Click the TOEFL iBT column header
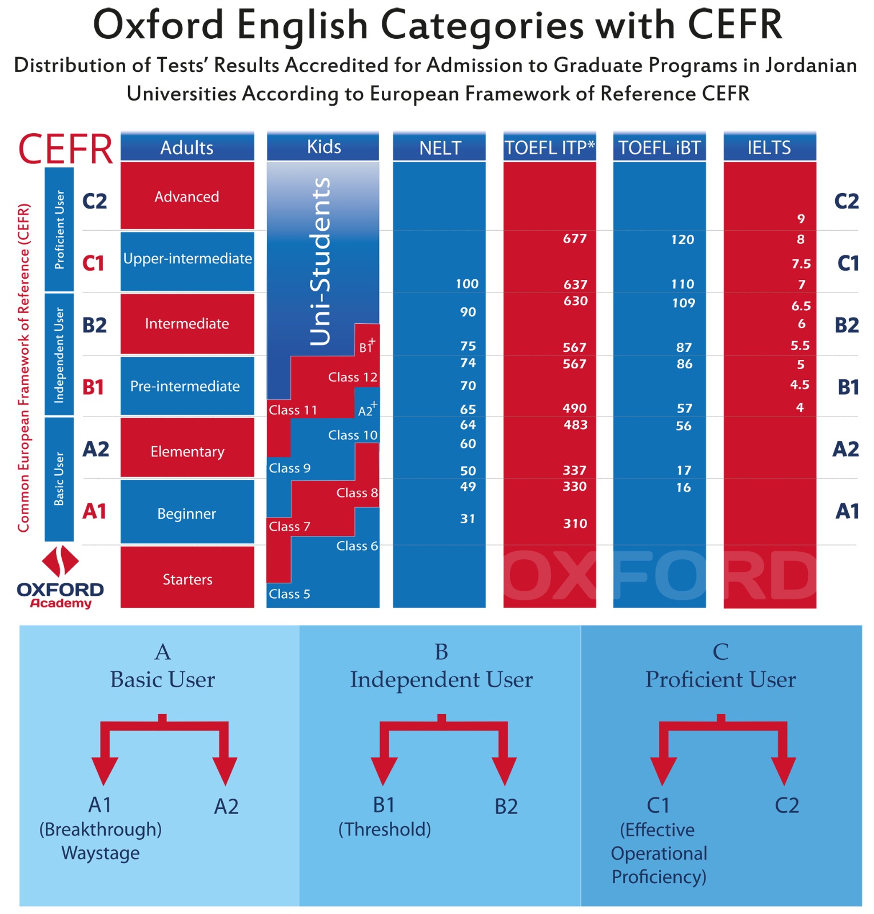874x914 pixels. [x=659, y=148]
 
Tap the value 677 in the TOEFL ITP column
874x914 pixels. [x=574, y=238]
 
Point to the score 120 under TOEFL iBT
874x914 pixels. [x=683, y=239]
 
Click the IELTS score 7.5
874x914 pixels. [x=801, y=264]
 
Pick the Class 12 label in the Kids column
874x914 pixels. [x=352, y=377]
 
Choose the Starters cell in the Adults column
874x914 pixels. [x=187, y=579]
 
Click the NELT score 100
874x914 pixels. [x=466, y=284]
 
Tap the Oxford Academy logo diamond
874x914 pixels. [x=60, y=561]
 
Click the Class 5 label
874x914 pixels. [x=289, y=594]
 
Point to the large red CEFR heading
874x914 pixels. [x=65, y=149]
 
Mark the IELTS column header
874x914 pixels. [x=769, y=148]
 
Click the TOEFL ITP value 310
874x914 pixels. [x=574, y=523]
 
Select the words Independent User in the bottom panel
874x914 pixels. [x=441, y=679]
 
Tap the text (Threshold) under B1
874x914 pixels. [x=384, y=829]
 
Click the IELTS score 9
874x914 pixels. [x=801, y=219]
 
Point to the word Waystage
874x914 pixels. [x=101, y=853]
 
